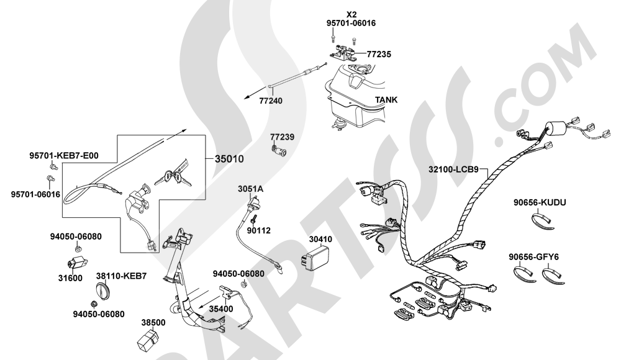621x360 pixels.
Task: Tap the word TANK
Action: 386,99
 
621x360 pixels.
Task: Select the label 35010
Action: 229,159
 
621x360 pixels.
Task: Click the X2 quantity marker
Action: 351,13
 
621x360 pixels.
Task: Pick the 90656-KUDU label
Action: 540,202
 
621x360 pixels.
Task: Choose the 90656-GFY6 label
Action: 533,256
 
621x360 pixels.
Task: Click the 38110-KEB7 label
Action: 121,275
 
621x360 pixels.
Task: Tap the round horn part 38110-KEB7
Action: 102,290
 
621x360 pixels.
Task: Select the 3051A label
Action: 250,188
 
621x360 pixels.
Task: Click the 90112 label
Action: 258,230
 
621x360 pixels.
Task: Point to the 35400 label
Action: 221,308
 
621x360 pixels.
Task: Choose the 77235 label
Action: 379,54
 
